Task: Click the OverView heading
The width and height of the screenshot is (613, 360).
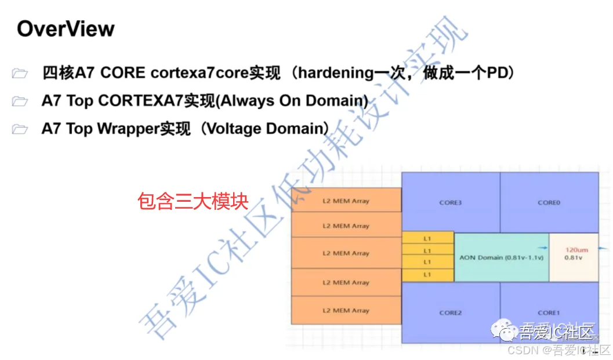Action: [x=66, y=29]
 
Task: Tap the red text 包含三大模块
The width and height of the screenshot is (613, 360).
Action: [x=193, y=201]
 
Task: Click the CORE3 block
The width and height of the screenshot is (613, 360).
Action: [x=451, y=203]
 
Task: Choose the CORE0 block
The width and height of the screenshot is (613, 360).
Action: [x=549, y=203]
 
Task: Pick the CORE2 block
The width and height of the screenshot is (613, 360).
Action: [x=451, y=312]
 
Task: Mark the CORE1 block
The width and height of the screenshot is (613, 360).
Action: [x=549, y=312]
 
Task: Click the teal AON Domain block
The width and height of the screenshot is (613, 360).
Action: [x=501, y=257]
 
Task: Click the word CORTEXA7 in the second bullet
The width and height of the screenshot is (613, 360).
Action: [x=140, y=101]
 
